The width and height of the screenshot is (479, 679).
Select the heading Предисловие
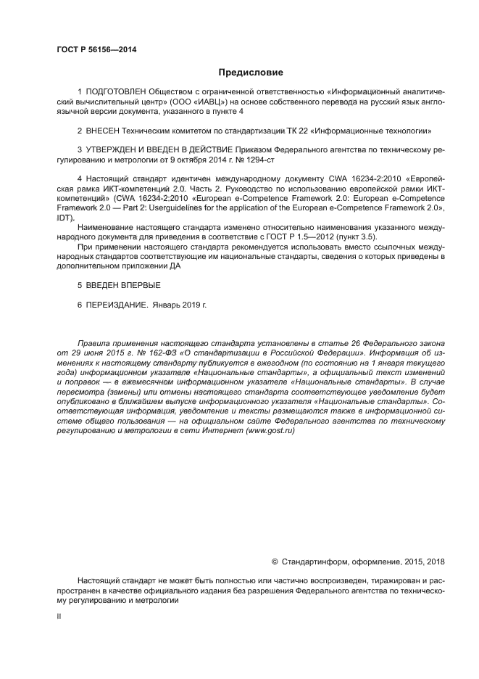(x=251, y=73)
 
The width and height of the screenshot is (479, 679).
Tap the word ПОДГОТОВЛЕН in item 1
(x=114, y=94)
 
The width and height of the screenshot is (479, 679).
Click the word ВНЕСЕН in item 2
(x=104, y=131)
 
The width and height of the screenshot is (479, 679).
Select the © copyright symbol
(x=275, y=561)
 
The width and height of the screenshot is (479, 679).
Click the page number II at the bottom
(x=59, y=616)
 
